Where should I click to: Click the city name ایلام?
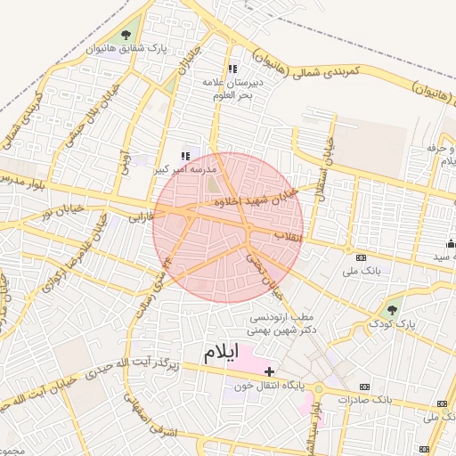222,352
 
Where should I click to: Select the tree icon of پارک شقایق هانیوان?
134,34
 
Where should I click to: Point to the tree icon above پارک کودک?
392,310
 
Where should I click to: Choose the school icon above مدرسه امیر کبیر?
184,156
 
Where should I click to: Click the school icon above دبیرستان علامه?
232,69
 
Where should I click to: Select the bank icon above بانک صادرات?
364,387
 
